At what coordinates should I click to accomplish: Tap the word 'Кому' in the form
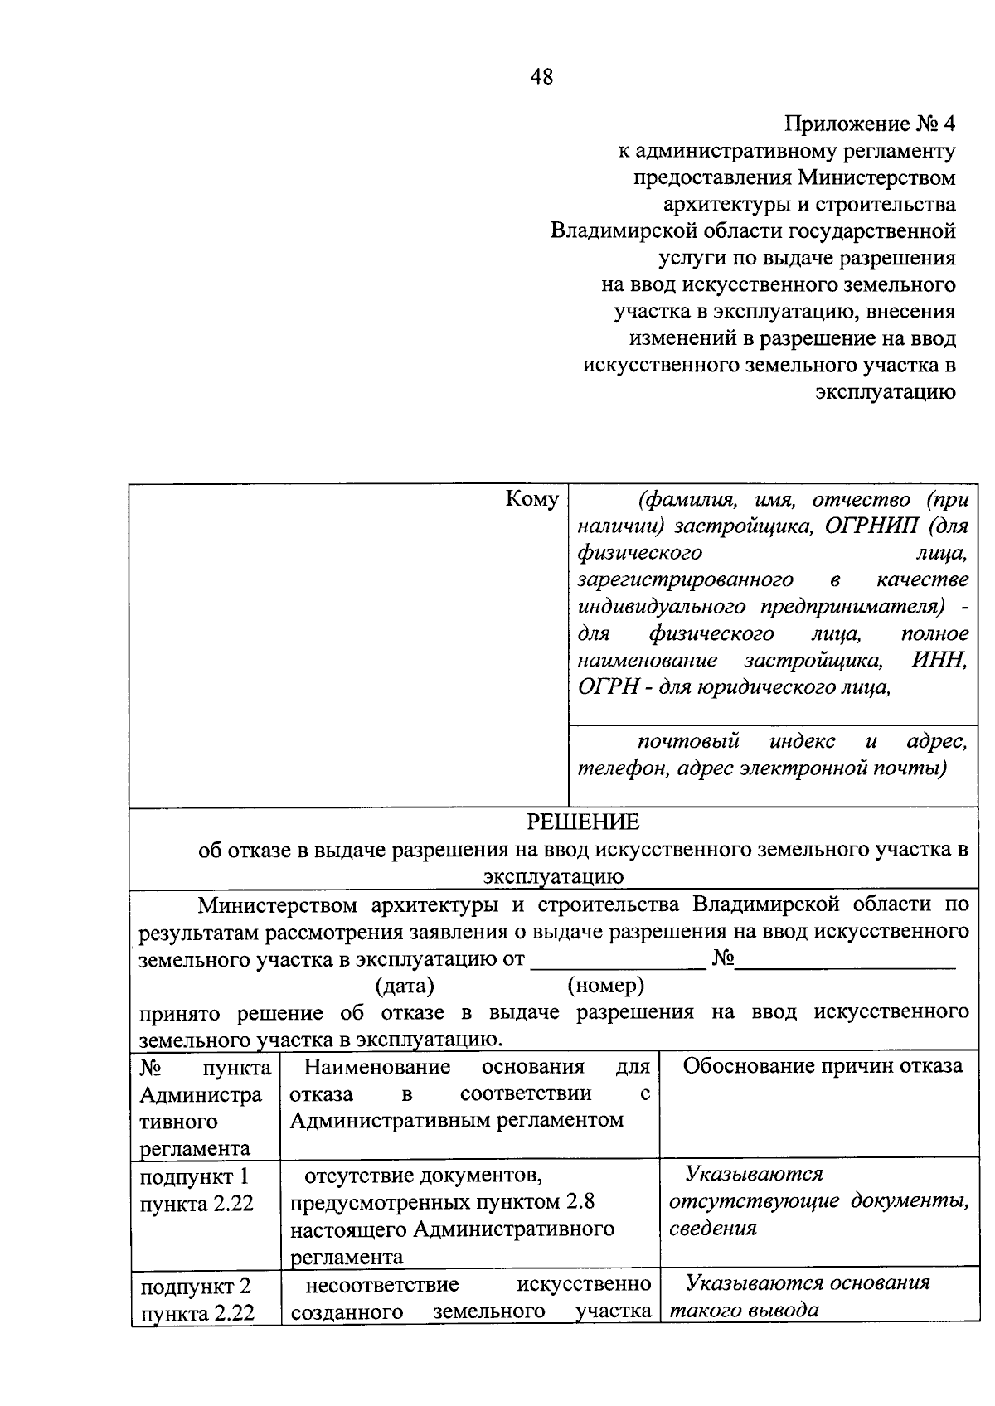[x=531, y=499]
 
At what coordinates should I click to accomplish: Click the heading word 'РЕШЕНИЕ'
[x=584, y=822]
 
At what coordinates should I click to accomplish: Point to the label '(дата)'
[x=405, y=986]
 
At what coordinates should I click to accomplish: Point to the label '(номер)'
[x=605, y=986]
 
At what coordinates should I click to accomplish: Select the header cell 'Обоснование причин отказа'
[x=822, y=1065]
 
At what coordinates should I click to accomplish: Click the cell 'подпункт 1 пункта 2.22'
[x=197, y=1190]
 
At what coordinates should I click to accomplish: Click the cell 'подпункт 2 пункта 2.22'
[x=197, y=1299]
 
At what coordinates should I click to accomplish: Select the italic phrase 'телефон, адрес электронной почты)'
[x=762, y=768]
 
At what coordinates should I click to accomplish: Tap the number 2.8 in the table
[x=579, y=1201]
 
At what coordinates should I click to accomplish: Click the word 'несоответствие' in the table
[x=382, y=1284]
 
